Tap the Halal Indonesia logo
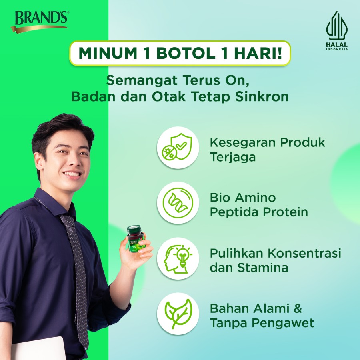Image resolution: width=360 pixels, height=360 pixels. click(336, 30)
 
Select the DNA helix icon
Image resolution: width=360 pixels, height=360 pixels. click(178, 203)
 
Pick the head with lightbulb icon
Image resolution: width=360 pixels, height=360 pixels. click(178, 258)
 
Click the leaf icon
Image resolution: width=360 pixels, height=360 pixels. click(178, 314)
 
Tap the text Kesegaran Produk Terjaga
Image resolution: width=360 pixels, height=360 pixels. click(267, 149)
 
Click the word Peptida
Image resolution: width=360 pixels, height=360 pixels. click(235, 212)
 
